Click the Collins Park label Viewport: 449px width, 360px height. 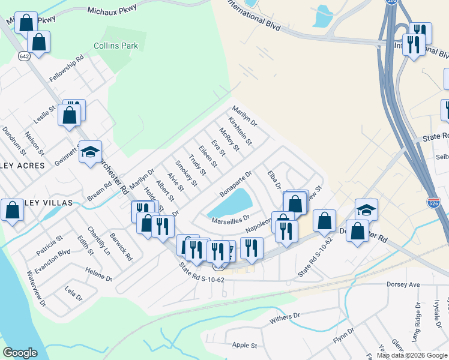tap(116, 46)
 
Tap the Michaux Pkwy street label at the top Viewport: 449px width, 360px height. tap(112, 10)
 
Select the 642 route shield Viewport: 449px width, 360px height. tap(24, 56)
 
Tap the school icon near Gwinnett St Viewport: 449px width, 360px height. tap(90, 153)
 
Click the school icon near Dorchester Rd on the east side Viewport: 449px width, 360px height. tap(366, 209)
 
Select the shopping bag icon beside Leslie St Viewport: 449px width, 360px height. tap(70, 113)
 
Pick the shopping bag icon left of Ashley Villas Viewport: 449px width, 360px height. tap(13, 211)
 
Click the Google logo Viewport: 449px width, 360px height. tap(20, 353)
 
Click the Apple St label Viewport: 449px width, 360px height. tap(244, 346)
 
